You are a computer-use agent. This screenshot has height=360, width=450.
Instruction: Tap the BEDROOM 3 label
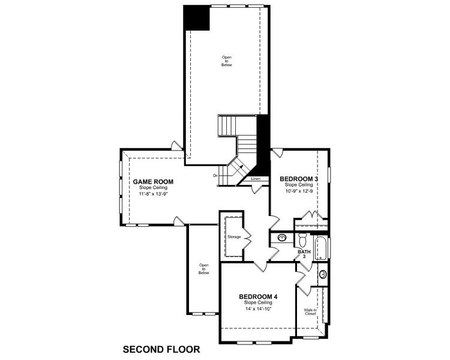point(298,179)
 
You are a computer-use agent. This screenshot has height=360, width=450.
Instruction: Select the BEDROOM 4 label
point(258,296)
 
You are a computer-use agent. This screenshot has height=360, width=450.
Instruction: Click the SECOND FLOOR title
point(161,348)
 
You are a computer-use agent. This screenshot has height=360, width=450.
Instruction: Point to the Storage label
point(234,237)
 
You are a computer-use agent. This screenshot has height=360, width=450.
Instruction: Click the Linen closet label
point(256,179)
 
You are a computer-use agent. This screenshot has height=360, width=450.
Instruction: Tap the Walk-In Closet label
point(310,311)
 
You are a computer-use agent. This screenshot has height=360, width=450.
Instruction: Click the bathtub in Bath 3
point(321,247)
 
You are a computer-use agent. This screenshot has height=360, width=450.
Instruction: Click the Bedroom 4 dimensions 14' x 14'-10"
point(258,310)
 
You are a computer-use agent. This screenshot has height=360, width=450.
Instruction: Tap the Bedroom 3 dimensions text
point(298,192)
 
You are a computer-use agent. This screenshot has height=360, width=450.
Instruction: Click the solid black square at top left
point(196,17)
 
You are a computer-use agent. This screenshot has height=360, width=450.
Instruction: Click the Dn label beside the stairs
point(215,176)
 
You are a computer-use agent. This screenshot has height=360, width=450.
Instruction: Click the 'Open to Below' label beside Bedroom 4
point(204,269)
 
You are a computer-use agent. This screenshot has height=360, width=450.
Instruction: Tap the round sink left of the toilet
point(283,239)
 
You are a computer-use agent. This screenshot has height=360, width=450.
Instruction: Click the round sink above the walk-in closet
point(323,274)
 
